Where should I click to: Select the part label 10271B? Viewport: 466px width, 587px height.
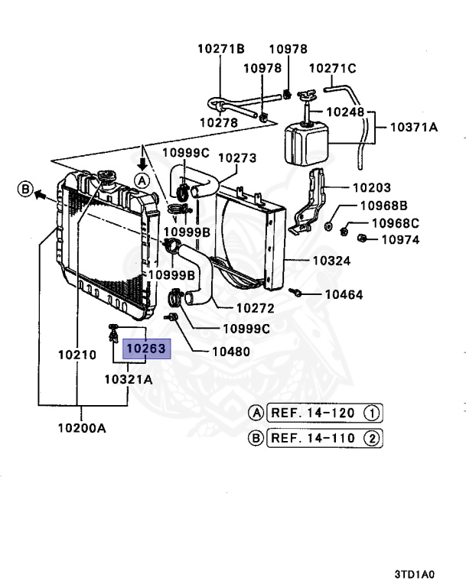[220, 48]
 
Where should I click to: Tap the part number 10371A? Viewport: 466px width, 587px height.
[414, 128]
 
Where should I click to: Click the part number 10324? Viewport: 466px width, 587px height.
[331, 261]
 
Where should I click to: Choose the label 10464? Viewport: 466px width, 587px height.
[344, 294]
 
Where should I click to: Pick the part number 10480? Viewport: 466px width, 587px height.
[230, 352]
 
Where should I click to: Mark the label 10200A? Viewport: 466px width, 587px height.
[80, 428]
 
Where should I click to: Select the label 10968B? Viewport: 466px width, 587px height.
[384, 206]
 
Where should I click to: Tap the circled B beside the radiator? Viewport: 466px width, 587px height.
[25, 189]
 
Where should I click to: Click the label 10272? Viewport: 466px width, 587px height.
[255, 309]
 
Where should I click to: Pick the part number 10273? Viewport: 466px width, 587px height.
[237, 158]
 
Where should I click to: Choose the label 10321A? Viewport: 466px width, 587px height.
[128, 378]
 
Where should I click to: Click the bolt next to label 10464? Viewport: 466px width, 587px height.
[295, 292]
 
